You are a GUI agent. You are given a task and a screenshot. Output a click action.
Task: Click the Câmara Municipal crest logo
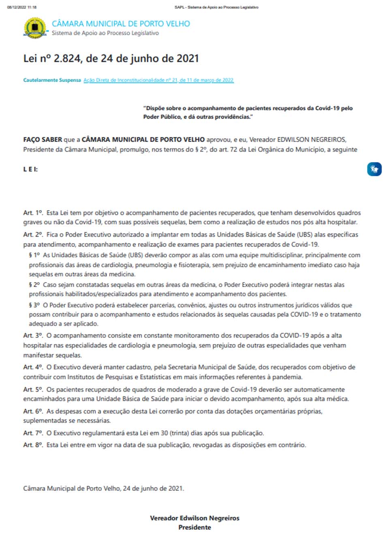coord(35,28)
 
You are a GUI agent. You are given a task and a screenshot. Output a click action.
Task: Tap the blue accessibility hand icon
coord(374,169)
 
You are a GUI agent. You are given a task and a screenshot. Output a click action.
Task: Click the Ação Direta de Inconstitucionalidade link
coord(158,80)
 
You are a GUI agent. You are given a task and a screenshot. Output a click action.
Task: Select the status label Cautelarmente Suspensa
coord(52,80)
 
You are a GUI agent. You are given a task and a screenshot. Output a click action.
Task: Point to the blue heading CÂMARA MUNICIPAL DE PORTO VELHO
coord(121,24)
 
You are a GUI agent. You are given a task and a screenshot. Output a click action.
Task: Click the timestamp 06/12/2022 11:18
coord(22,7)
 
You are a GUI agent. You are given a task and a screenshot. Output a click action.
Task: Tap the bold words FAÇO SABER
coord(43,140)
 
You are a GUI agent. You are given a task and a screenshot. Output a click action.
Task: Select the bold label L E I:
coord(30,169)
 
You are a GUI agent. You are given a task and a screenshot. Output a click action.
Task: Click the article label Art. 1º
coord(33,213)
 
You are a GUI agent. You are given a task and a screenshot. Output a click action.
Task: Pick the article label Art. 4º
coord(33,367)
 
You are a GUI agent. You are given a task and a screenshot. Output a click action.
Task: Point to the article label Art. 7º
coord(33,433)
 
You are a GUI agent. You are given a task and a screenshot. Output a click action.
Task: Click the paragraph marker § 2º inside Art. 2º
coord(34,285)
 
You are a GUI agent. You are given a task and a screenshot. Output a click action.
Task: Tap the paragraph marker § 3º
coord(34,305)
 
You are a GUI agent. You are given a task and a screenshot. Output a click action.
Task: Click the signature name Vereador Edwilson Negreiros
coord(194,518)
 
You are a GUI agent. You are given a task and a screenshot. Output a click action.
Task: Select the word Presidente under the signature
coord(194,527)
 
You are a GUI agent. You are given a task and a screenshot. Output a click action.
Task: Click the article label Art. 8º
coord(33,445)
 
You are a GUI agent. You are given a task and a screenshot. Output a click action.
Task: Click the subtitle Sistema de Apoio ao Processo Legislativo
coord(105,33)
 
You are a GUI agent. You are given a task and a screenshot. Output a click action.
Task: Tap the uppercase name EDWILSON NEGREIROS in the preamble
coord(311,140)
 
